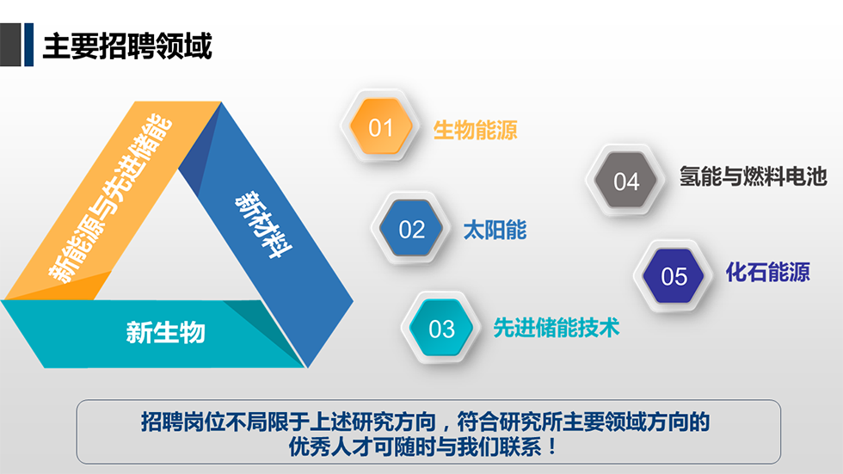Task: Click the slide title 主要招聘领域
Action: pos(127,46)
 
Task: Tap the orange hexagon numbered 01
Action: pos(381,126)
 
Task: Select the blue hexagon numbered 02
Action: pos(411,229)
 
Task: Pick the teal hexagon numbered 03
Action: pos(441,328)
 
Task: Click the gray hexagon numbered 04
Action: pos(626,181)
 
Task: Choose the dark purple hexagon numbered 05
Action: pos(674,275)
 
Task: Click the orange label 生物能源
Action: pos(475,130)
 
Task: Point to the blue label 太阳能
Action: pos(495,230)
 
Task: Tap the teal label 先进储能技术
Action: pos(557,327)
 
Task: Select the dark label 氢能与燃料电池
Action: pos(753,176)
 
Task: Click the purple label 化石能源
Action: pos(767,272)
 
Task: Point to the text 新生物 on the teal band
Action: pos(165,332)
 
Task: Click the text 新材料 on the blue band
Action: pos(263,225)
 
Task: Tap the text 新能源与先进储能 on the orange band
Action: pos(110,198)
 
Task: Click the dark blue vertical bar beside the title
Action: pos(29,45)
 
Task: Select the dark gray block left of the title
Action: pos(10,45)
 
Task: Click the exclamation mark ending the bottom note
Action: pos(553,447)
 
